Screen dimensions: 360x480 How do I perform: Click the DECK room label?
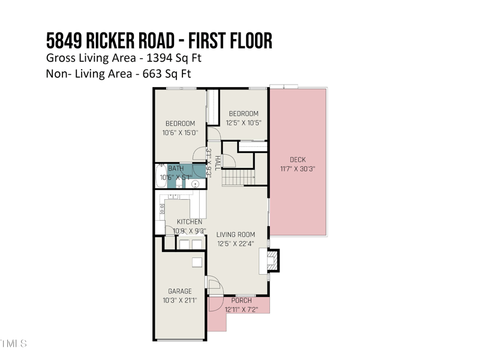(x=298, y=160)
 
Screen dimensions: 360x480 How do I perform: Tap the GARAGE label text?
(x=180, y=292)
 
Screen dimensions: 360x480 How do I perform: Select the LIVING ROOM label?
(x=236, y=235)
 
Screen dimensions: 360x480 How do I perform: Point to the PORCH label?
(x=242, y=301)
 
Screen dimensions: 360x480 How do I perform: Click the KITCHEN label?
(x=189, y=222)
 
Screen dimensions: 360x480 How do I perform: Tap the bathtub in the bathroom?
(x=160, y=176)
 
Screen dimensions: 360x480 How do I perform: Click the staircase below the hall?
(x=238, y=178)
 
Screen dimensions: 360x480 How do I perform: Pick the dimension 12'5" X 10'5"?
(x=243, y=122)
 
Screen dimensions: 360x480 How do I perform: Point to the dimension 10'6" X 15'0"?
(x=179, y=133)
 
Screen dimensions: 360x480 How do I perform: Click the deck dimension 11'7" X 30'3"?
(x=298, y=169)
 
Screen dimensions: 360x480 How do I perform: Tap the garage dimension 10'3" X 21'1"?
(x=179, y=300)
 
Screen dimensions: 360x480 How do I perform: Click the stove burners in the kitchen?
(x=161, y=209)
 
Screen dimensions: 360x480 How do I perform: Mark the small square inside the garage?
(x=197, y=262)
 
